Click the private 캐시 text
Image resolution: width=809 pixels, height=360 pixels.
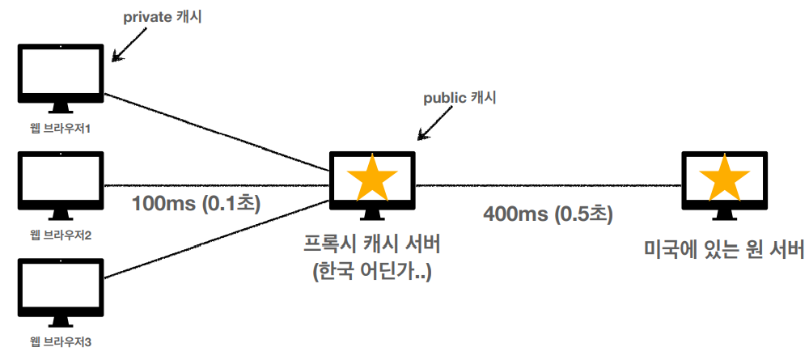tap(162, 17)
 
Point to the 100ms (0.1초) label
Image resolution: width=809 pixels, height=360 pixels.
tap(196, 203)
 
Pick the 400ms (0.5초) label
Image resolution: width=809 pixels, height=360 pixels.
tap(548, 214)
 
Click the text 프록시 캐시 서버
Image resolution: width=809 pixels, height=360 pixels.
tap(372, 243)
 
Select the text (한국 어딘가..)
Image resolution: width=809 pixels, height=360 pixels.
tap(372, 271)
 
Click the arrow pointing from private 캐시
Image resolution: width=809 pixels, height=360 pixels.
tap(129, 46)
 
